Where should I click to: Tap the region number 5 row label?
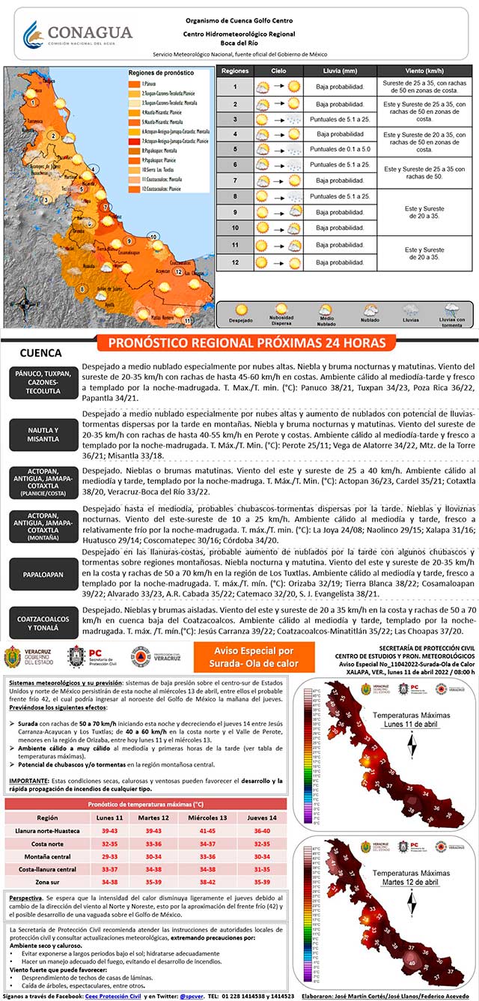pyautogui.click(x=235, y=149)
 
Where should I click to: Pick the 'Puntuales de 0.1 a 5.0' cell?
pyautogui.click(x=340, y=149)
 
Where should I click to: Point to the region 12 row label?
pyautogui.click(x=235, y=262)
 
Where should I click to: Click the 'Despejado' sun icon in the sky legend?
pyautogui.click(x=241, y=313)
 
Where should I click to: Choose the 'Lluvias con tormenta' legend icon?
pyautogui.click(x=451, y=313)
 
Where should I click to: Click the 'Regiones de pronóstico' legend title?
pyautogui.click(x=156, y=73)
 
